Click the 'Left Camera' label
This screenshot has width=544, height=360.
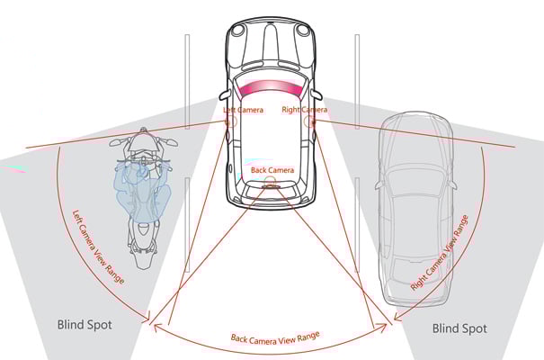(242, 110)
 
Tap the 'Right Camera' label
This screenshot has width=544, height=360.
(304, 110)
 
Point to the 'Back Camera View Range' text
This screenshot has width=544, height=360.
(274, 340)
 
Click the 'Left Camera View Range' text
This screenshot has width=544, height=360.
(98, 247)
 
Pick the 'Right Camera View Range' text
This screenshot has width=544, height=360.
(440, 251)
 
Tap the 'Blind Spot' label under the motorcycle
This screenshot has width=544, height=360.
(85, 324)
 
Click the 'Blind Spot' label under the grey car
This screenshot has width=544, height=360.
(459, 328)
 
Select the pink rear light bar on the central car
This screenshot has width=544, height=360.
(272, 87)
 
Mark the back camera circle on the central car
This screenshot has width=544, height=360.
(271, 182)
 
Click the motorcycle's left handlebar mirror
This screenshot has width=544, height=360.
(114, 142)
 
